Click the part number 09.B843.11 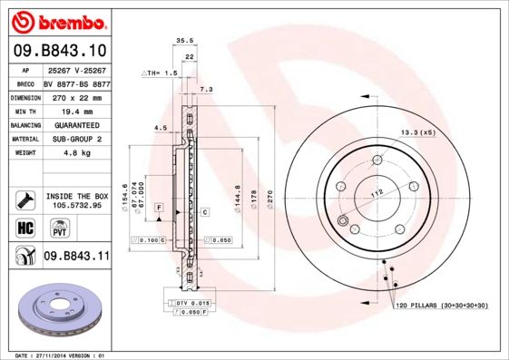pyautogui.click(x=76, y=257)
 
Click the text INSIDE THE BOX pyautogui.click(x=75, y=196)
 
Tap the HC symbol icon pyautogui.click(x=25, y=227)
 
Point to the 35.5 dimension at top pyautogui.click(x=184, y=41)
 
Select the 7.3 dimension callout pyautogui.click(x=205, y=90)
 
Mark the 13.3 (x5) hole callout pyautogui.click(x=418, y=132)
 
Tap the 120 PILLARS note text pyautogui.click(x=441, y=307)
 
